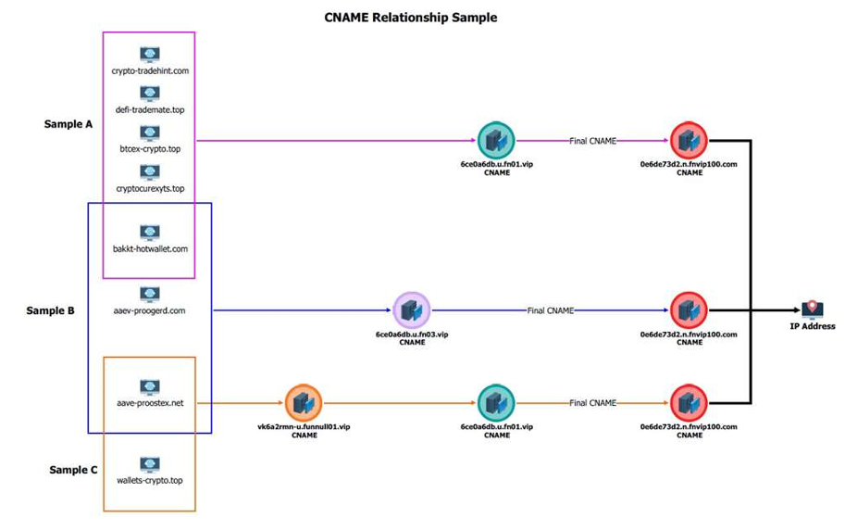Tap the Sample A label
tap(68, 124)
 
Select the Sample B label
tap(50, 311)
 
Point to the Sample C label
tap(73, 471)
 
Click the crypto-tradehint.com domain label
tap(150, 70)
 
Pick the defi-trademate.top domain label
tap(150, 110)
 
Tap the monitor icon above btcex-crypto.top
tap(150, 133)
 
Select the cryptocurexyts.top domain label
tap(150, 189)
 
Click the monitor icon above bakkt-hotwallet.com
tap(150, 233)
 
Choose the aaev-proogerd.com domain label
tap(150, 311)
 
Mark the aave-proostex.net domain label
tap(150, 404)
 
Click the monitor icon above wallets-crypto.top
tap(150, 464)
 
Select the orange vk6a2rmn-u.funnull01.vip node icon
tap(304, 403)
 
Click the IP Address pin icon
tap(813, 309)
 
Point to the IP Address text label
tap(813, 327)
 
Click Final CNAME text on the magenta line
tap(592, 141)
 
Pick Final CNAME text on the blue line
tap(550, 310)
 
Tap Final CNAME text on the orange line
tap(592, 403)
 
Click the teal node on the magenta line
tap(496, 141)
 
